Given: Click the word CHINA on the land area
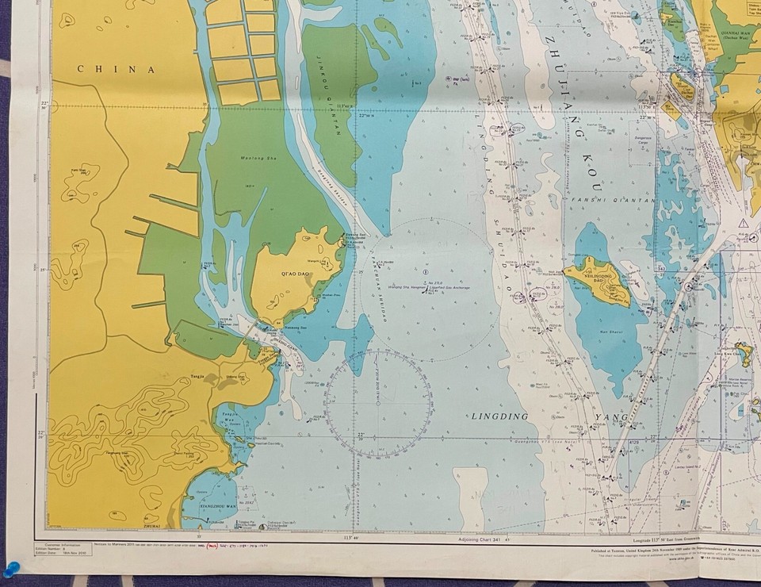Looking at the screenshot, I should [x=116, y=69].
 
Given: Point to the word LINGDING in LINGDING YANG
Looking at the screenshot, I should [x=499, y=416].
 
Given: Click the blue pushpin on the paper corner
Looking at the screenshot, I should [x=11, y=568].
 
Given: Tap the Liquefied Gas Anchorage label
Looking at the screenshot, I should [x=445, y=287].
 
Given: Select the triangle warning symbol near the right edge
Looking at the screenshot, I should [x=743, y=224].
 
